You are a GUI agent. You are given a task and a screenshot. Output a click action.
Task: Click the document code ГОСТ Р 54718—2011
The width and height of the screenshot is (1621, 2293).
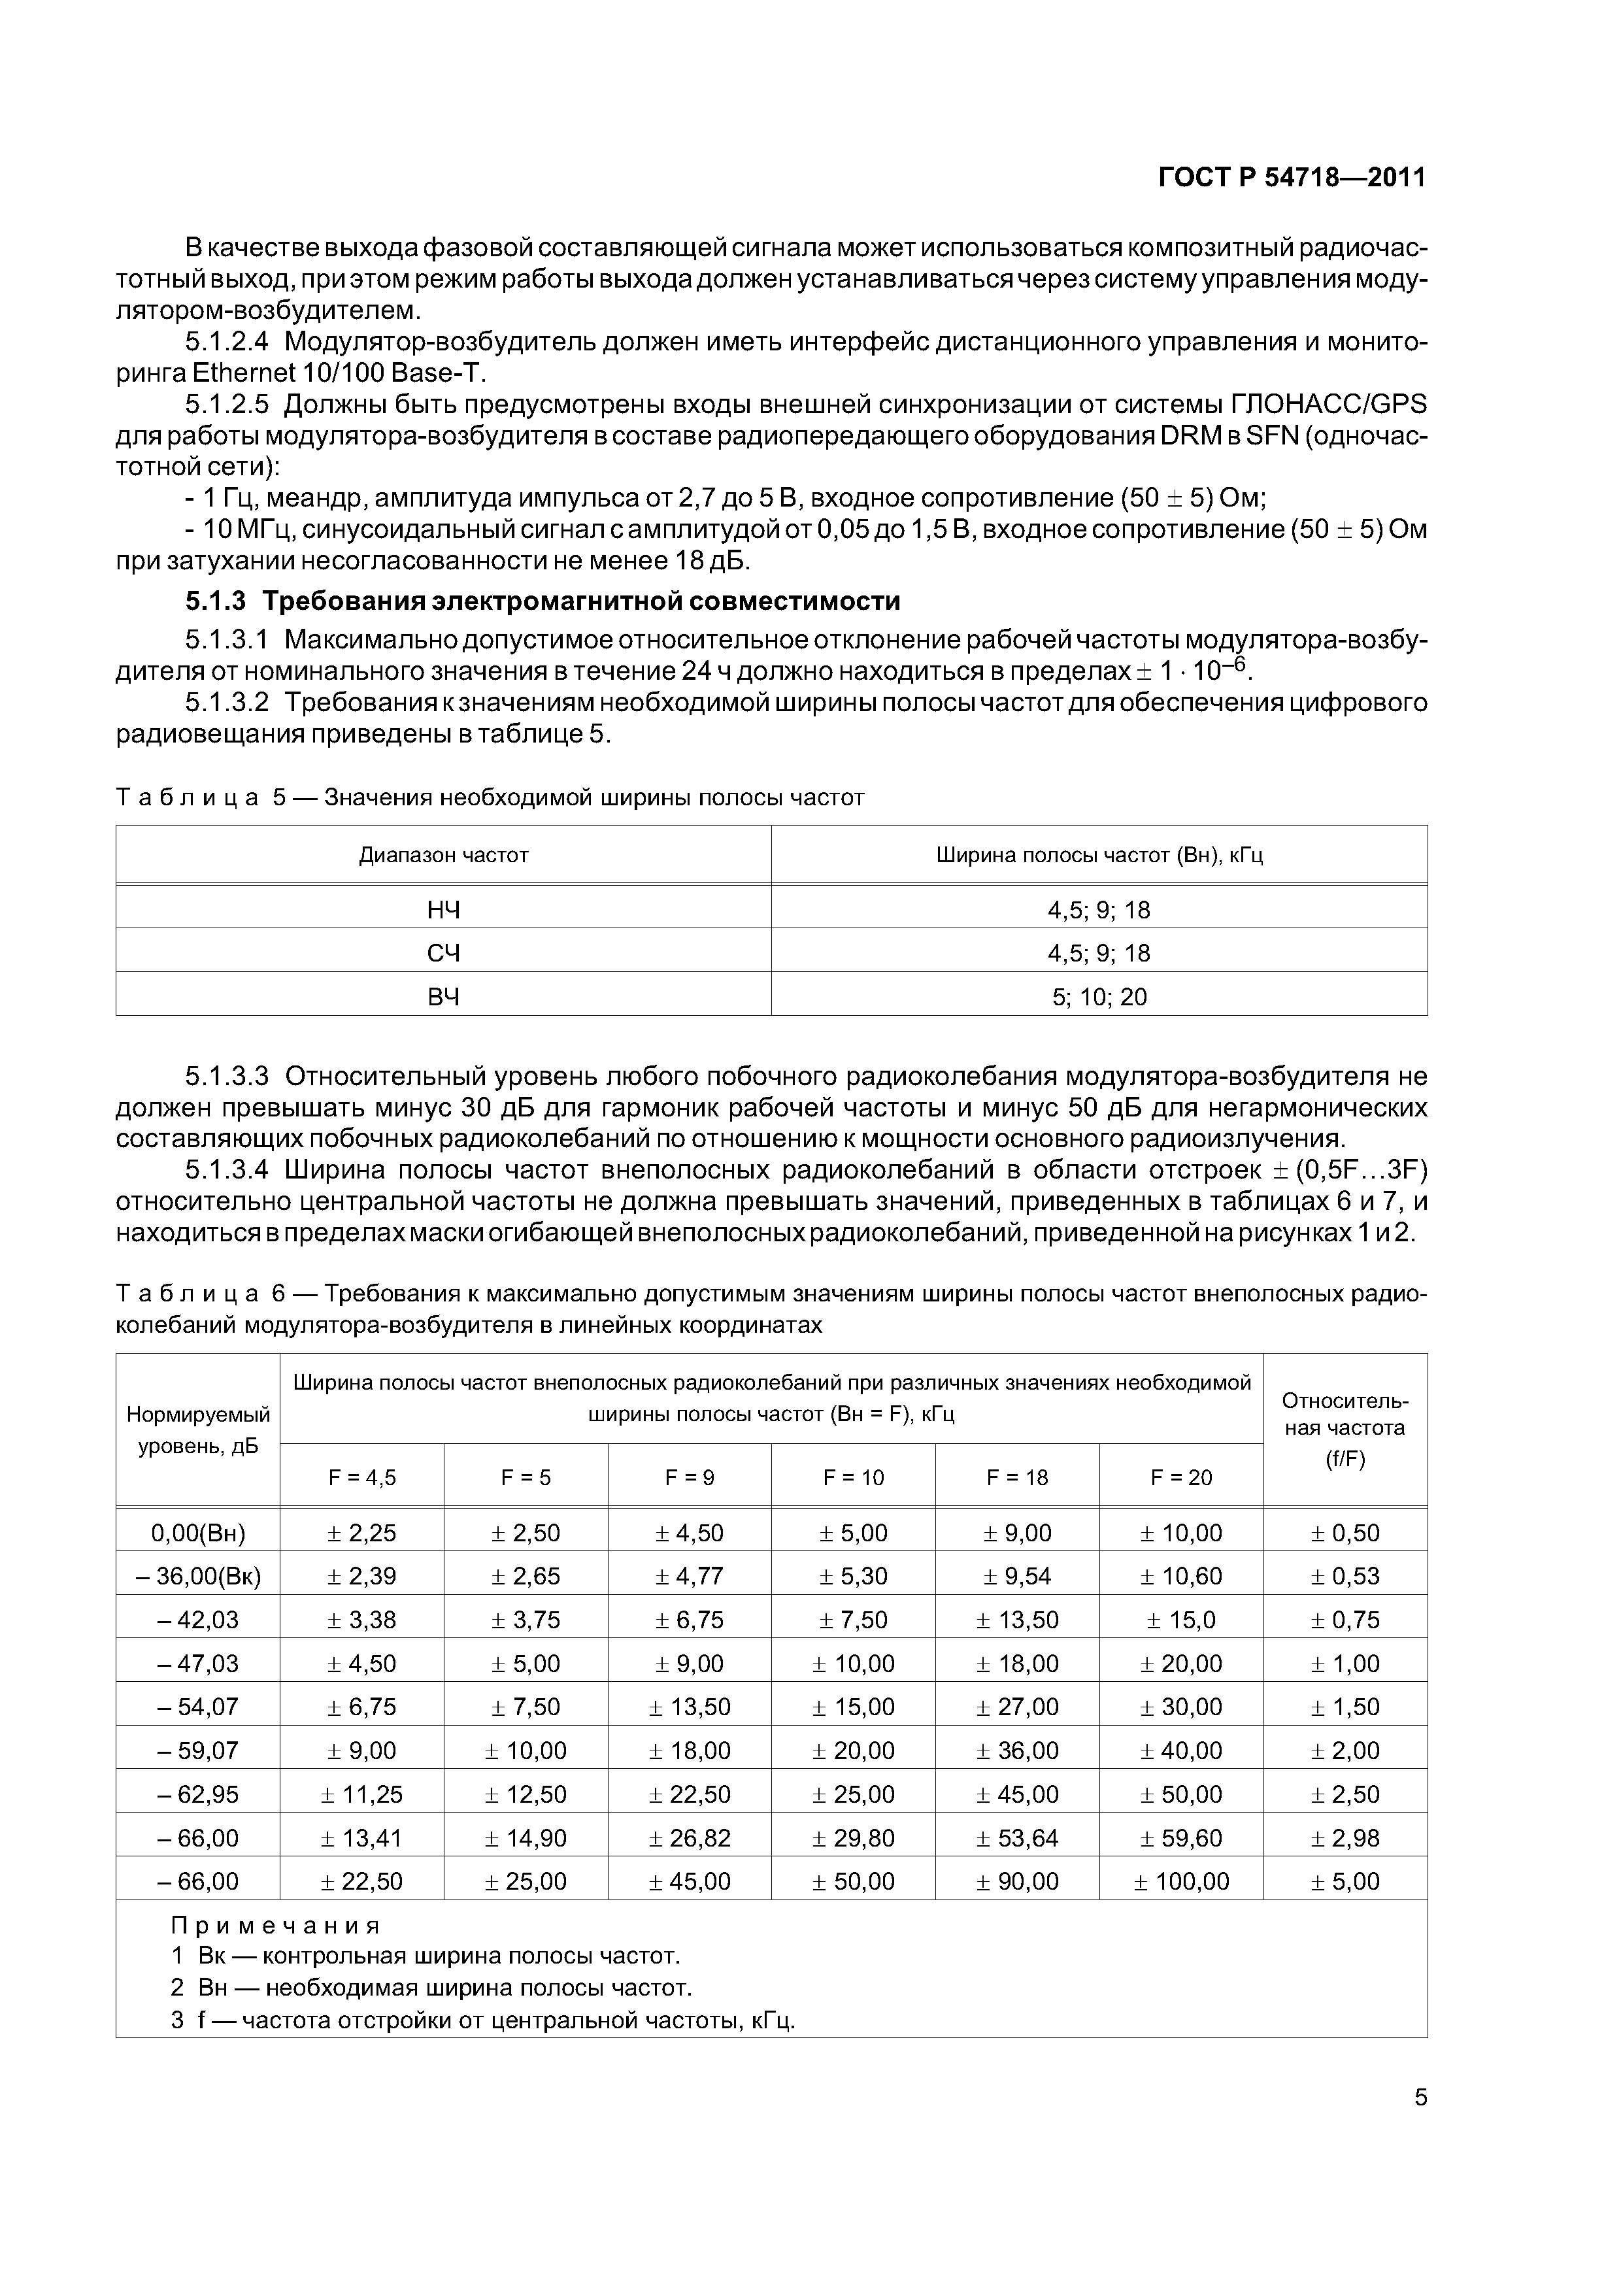click(x=1292, y=178)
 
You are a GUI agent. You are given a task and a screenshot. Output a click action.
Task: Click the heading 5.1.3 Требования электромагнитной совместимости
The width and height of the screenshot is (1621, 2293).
click(x=543, y=601)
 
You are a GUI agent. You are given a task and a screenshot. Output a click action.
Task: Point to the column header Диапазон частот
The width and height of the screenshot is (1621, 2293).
click(x=443, y=855)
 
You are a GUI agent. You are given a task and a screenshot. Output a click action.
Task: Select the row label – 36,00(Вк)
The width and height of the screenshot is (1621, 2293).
click(x=198, y=1576)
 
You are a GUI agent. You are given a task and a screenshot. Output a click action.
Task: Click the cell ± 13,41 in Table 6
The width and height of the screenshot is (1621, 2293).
click(x=361, y=1837)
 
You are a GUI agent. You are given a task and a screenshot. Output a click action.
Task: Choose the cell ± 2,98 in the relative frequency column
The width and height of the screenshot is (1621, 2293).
click(x=1345, y=1837)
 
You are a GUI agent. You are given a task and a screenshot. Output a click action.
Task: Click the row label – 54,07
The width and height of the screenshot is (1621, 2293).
click(x=198, y=1707)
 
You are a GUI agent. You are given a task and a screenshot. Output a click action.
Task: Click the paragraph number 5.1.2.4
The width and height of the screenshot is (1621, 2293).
click(x=227, y=343)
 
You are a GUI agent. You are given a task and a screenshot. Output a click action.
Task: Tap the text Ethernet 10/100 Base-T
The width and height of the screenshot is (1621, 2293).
click(x=339, y=373)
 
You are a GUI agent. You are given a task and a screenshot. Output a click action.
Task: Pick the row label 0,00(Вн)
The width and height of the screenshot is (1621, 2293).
click(x=198, y=1533)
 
